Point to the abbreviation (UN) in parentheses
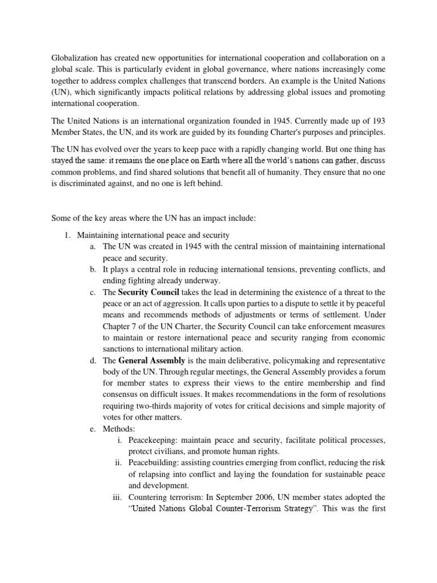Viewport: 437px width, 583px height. click(61, 92)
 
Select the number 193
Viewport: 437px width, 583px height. click(378, 121)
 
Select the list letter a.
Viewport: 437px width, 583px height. click(92, 246)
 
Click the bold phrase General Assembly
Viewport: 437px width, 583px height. click(152, 360)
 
